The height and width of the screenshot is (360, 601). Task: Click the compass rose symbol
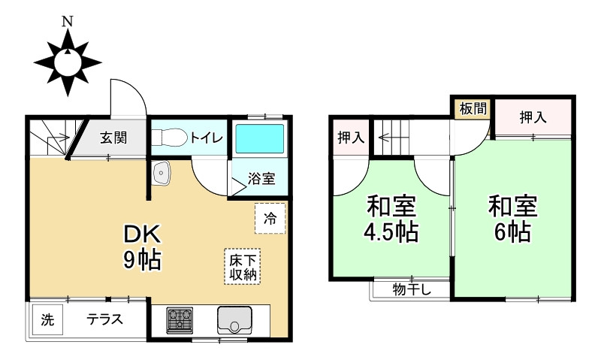click(68, 62)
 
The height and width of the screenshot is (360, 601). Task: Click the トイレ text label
click(205, 138)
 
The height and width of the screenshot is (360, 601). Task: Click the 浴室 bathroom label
click(262, 179)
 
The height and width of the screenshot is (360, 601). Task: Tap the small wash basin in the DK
click(162, 174)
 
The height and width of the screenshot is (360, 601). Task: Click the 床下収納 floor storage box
click(243, 266)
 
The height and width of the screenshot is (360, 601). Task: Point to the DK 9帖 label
click(142, 247)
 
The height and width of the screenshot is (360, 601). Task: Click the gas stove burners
click(179, 321)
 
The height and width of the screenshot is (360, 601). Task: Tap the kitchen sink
click(236, 321)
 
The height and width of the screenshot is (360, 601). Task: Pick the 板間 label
click(473, 108)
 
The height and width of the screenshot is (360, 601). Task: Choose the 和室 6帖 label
click(512, 219)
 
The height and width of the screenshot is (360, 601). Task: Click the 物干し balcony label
click(411, 289)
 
